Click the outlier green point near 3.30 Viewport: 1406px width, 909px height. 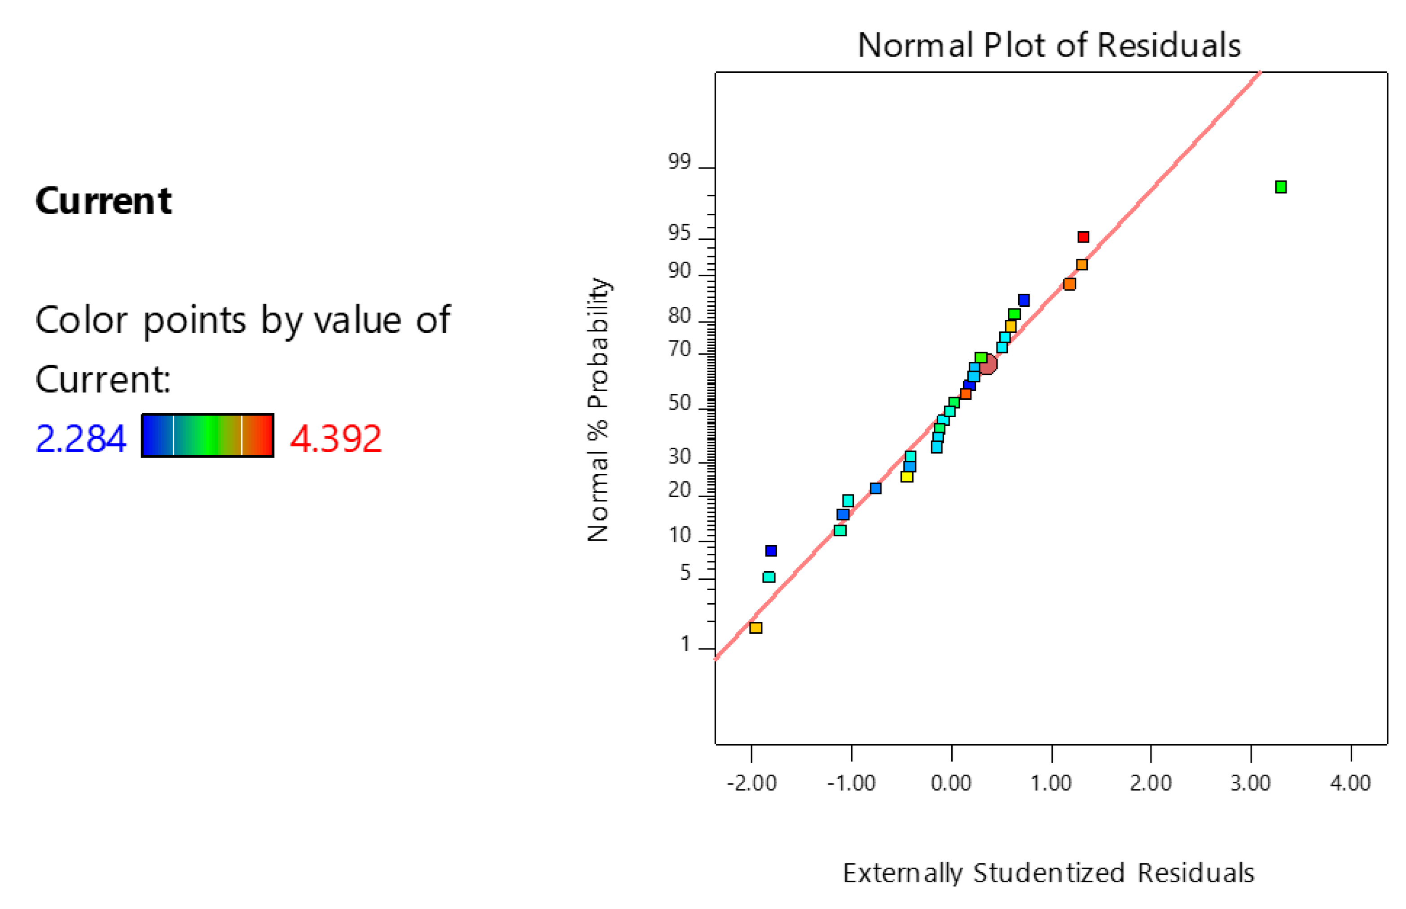coord(1280,187)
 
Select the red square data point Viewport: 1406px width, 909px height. coord(1083,237)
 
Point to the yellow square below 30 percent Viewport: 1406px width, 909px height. coord(907,477)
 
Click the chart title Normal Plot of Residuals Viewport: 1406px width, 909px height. coord(1049,45)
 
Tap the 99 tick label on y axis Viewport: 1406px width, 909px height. coord(679,162)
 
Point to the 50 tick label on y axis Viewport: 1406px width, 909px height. coord(679,403)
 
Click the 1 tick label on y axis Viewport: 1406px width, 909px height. coord(685,644)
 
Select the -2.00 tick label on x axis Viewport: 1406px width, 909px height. coord(751,783)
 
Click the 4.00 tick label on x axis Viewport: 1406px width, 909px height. coord(1350,783)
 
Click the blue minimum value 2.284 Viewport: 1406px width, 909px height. coord(81,439)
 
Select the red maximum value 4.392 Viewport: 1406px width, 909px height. coord(336,439)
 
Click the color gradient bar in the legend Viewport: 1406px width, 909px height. coord(207,436)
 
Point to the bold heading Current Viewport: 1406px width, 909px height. coord(103,201)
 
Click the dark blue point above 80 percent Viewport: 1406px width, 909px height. coord(1024,300)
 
